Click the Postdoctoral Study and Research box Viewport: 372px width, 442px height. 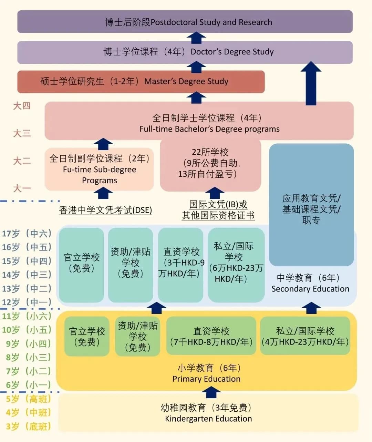[x=185, y=22]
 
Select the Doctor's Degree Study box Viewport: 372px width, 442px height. [x=185, y=52]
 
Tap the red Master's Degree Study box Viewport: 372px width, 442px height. [x=141, y=82]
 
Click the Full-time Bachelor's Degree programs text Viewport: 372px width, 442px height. [x=209, y=129]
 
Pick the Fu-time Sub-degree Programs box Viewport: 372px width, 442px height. [x=99, y=169]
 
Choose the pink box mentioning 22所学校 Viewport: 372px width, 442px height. [x=210, y=164]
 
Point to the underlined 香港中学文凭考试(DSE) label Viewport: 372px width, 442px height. [x=105, y=210]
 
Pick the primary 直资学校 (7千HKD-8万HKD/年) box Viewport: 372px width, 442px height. [x=211, y=336]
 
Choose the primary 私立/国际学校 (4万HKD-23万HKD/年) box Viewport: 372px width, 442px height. [x=305, y=336]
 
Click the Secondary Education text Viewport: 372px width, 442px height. [x=310, y=289]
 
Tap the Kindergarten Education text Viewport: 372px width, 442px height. [x=208, y=419]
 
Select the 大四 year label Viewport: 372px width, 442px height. [x=22, y=106]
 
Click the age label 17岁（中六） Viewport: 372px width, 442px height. [x=27, y=234]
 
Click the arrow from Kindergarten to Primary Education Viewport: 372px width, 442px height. [x=210, y=392]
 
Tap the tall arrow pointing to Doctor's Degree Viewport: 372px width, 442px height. [x=311, y=83]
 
